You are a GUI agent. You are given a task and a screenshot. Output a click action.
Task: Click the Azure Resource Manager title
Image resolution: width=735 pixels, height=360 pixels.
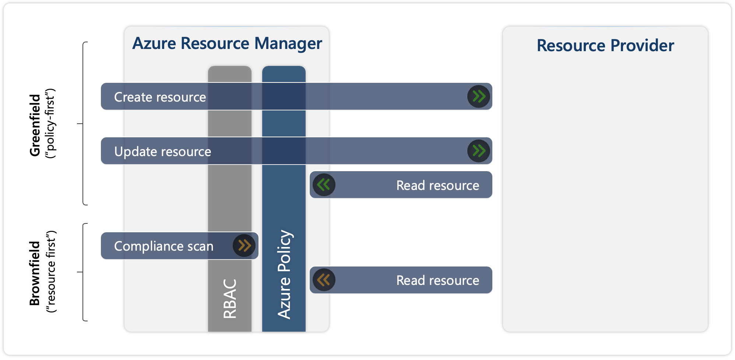(x=227, y=43)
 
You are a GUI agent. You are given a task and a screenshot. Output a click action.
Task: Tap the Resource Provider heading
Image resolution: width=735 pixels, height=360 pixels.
(x=605, y=46)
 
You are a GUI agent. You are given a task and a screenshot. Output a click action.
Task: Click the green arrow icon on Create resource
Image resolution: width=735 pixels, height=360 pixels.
(x=479, y=96)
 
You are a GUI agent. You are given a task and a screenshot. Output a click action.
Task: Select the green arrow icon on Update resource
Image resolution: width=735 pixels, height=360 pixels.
(x=479, y=151)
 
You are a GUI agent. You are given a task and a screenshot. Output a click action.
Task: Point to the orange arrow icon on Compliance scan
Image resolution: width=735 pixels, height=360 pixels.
(x=244, y=246)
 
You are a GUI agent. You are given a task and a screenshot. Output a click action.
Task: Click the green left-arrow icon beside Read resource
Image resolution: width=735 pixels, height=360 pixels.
(x=324, y=185)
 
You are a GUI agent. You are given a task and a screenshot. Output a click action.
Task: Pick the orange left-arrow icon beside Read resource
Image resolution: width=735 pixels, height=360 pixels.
(x=324, y=280)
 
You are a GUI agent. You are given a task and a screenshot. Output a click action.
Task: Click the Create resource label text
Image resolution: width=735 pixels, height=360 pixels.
(x=160, y=97)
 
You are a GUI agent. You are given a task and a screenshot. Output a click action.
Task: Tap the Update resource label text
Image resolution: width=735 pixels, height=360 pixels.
(x=162, y=152)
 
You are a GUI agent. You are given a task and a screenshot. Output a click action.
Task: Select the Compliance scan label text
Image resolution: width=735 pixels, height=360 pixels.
(x=163, y=246)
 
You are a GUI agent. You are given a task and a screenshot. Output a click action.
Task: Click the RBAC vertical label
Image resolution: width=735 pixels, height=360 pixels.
(x=230, y=299)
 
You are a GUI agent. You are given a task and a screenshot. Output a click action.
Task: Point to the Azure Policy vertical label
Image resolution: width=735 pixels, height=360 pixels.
(x=284, y=274)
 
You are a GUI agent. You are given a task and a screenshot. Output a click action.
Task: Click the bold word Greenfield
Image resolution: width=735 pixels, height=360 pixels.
(x=35, y=125)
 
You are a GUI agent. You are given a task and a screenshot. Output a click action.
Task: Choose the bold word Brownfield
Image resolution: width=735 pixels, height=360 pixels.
(x=35, y=273)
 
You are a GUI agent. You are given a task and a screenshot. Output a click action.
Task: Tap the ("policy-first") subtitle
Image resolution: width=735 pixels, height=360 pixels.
(x=50, y=124)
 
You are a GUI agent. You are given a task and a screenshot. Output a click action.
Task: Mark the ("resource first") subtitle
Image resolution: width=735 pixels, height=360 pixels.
(x=51, y=272)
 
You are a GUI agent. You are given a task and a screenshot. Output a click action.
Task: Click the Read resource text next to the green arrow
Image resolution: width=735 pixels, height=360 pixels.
(x=437, y=186)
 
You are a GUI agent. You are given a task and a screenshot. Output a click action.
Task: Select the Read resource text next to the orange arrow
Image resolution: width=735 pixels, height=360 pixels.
(x=437, y=280)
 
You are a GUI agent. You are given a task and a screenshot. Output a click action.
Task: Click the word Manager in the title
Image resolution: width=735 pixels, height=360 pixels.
(x=288, y=43)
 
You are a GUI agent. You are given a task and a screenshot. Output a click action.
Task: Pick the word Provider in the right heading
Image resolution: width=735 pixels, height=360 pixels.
(x=642, y=46)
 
